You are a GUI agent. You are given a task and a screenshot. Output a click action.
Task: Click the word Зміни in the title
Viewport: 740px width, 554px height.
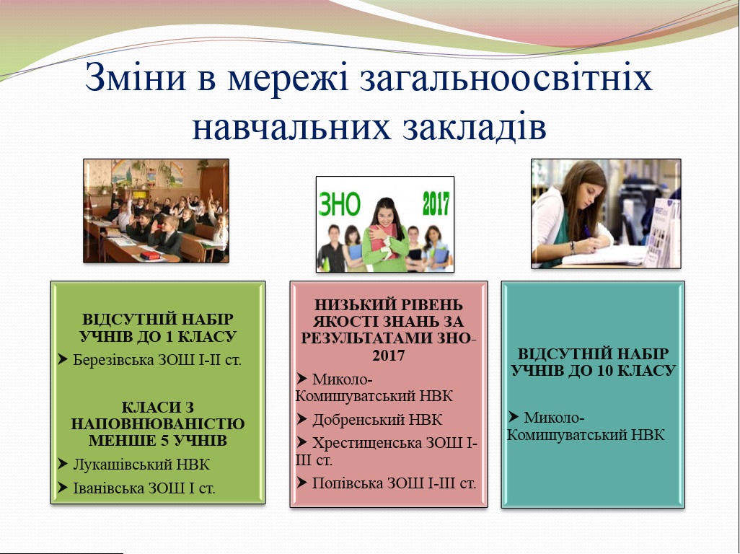[136, 77]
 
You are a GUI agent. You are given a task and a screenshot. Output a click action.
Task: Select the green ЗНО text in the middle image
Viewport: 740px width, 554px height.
[340, 204]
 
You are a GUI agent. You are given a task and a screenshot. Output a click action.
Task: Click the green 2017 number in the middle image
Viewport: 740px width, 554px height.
[436, 203]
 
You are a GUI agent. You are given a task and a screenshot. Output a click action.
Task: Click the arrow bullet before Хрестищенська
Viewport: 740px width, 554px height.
[302, 443]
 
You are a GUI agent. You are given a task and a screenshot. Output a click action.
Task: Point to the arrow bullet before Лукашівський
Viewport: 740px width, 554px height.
[63, 464]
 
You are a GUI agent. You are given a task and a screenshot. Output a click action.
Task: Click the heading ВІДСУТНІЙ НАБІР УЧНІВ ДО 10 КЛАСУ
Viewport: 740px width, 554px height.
[594, 362]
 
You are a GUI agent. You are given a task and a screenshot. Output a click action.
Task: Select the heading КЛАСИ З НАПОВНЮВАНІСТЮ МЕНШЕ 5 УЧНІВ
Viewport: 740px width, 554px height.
[158, 423]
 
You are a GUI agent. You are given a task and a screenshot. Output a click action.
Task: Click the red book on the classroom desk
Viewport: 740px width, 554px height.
[151, 255]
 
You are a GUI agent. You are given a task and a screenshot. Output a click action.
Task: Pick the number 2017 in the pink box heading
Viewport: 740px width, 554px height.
[389, 356]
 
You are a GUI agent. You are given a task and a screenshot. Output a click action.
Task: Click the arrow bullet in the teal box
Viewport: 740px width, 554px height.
[514, 417]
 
